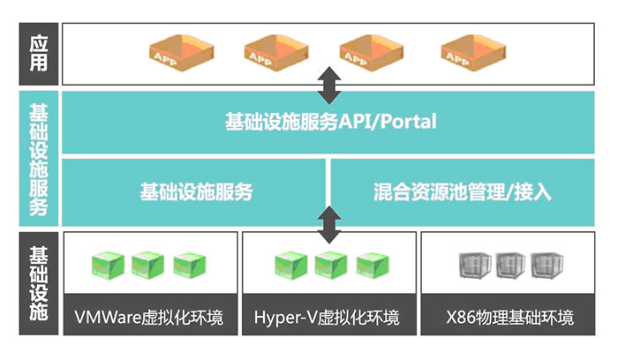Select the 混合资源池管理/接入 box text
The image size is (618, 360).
point(462,191)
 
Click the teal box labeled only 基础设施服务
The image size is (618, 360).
point(196,191)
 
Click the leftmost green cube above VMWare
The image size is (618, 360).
point(107,264)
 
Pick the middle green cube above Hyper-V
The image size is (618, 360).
point(328,264)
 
